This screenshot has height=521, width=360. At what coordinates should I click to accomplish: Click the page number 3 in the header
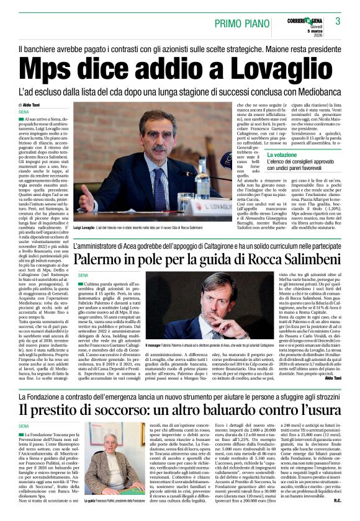pos(338,22)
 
